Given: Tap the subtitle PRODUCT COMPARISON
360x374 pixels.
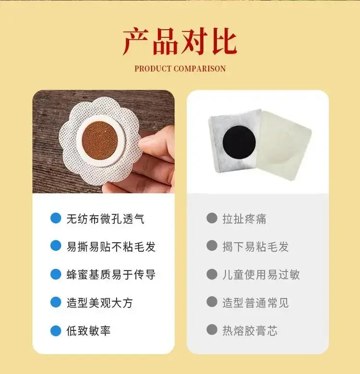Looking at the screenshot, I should [x=180, y=69].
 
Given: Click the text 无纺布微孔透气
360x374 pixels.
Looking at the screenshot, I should [x=105, y=219].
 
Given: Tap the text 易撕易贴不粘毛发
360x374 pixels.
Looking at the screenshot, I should [x=111, y=246].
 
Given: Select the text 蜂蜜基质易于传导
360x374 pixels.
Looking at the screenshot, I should [x=111, y=275].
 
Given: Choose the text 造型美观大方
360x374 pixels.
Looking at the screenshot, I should [x=99, y=303].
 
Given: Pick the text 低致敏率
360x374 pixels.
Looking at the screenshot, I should [x=88, y=330].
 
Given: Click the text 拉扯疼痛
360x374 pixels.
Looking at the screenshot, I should [x=244, y=219].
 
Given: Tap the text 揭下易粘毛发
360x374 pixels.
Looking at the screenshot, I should [x=255, y=246].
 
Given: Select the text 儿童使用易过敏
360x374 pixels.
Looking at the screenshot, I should [x=261, y=275].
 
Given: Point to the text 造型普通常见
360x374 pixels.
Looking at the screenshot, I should [x=255, y=303].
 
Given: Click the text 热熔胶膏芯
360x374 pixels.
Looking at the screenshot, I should [x=250, y=330].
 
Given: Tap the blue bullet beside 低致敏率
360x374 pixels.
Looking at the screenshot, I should [x=56, y=330].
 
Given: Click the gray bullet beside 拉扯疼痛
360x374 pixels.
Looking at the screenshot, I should [x=212, y=219].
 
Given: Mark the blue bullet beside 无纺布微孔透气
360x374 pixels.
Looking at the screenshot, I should [x=56, y=219].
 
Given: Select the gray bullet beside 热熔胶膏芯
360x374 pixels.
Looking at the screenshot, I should [x=212, y=330].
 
